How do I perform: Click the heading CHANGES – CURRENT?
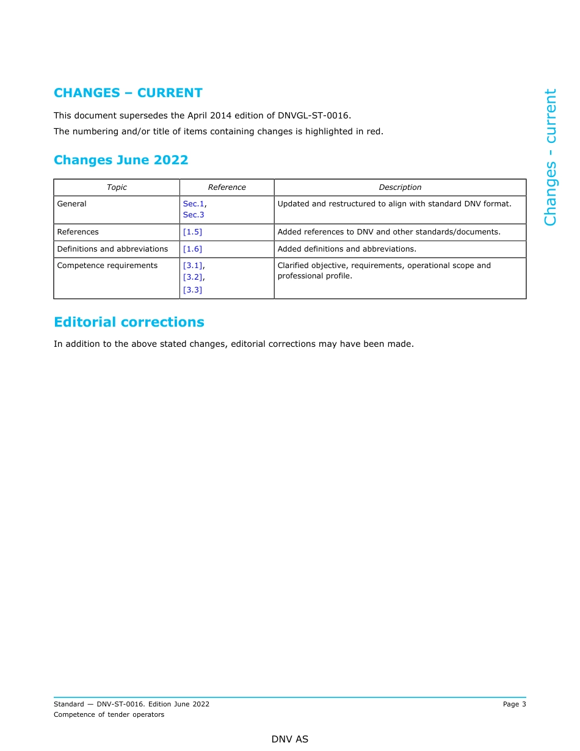tap(128, 93)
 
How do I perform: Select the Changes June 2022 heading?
tap(121, 160)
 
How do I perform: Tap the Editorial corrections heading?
tap(129, 322)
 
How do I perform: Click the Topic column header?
tap(117, 187)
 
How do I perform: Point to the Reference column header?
tap(227, 187)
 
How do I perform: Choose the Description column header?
tap(400, 187)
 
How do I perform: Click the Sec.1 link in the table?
tap(194, 204)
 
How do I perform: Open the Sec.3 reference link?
tap(194, 215)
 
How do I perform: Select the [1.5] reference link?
tap(192, 232)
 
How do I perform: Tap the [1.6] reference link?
tap(192, 249)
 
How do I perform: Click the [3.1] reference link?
tap(193, 266)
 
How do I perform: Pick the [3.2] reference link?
tap(193, 277)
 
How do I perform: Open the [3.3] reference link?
tap(192, 289)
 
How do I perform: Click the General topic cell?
tap(71, 204)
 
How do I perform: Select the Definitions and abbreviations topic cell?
tap(112, 249)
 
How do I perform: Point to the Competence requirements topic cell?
tap(107, 266)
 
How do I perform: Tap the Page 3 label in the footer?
tap(514, 704)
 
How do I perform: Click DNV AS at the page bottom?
tap(290, 739)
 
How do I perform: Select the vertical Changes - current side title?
tap(550, 157)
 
